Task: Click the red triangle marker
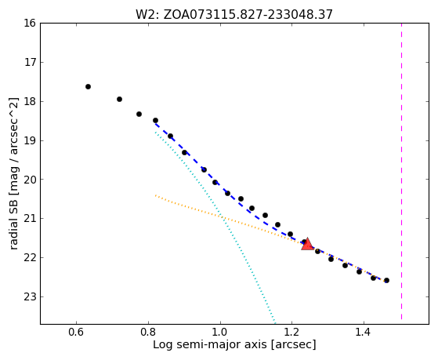pos(307,244)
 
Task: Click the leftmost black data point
pos(88,87)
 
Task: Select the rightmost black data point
pos(386,280)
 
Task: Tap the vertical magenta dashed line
pos(401,171)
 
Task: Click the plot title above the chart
pos(234,14)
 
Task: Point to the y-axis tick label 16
pos(30,23)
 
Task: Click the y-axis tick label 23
pos(30,296)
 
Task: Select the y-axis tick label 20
pos(30,180)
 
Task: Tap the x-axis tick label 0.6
pos(76,333)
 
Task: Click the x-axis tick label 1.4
pos(364,333)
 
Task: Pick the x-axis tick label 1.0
pos(220,333)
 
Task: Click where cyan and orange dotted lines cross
pos(222,216)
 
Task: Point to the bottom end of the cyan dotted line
pos(275,322)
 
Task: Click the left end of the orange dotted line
pos(156,195)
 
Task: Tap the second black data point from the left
pos(119,100)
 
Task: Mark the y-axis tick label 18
pos(30,101)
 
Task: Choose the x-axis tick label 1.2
pos(292,333)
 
